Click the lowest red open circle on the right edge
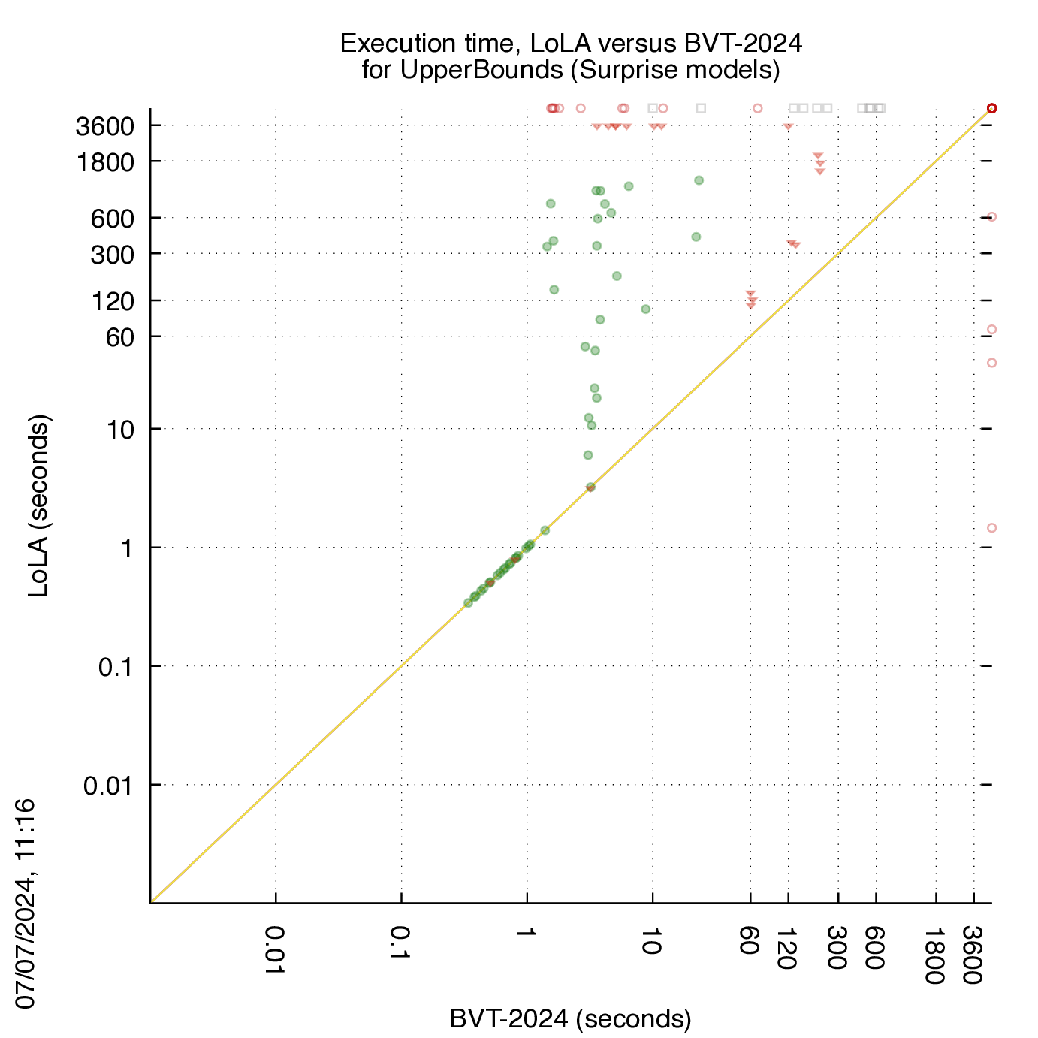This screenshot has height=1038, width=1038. (991, 528)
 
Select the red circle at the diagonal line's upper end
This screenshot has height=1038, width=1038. (991, 108)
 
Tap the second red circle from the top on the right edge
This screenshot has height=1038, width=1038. (991, 217)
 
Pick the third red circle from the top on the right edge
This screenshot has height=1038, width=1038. (991, 330)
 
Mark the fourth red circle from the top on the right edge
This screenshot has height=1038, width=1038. (991, 363)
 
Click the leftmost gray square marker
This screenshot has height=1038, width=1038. (653, 108)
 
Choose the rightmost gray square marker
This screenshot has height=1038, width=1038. (881, 108)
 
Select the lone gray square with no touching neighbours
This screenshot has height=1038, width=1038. (701, 108)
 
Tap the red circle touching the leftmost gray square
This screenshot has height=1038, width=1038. (662, 108)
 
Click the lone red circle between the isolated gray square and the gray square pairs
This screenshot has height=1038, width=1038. (757, 108)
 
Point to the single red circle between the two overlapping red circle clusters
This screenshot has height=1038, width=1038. (581, 108)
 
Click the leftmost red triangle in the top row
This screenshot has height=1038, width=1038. (597, 126)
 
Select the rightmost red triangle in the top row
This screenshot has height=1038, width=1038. (788, 126)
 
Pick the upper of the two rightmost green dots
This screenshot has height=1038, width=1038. (699, 180)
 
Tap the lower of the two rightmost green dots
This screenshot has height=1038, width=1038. (696, 237)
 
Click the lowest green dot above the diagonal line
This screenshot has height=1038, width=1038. (588, 455)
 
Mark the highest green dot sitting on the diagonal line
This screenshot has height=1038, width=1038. (590, 487)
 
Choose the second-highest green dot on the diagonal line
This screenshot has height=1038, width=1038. (545, 530)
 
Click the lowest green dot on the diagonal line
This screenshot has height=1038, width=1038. (469, 603)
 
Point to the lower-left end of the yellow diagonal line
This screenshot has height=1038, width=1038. (152, 901)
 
